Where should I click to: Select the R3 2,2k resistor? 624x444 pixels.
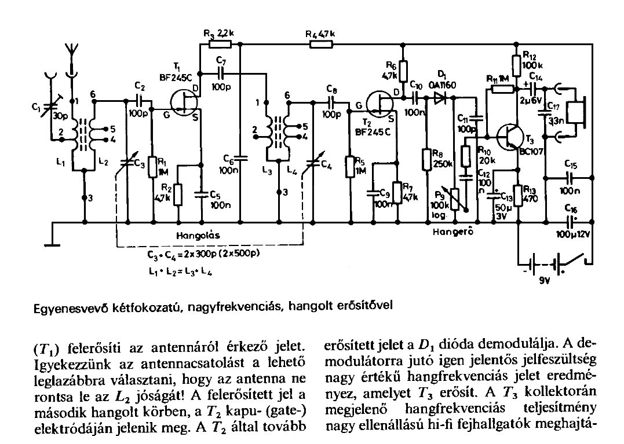coord(220,43)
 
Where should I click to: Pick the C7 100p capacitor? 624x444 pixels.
coord(220,74)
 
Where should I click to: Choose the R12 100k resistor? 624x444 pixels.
coord(516,63)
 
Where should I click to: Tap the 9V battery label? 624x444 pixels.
coord(545,283)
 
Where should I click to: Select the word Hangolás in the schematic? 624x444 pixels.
coord(199,237)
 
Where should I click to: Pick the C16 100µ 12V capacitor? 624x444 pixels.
coord(571,221)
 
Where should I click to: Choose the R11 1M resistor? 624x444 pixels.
coord(499,89)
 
